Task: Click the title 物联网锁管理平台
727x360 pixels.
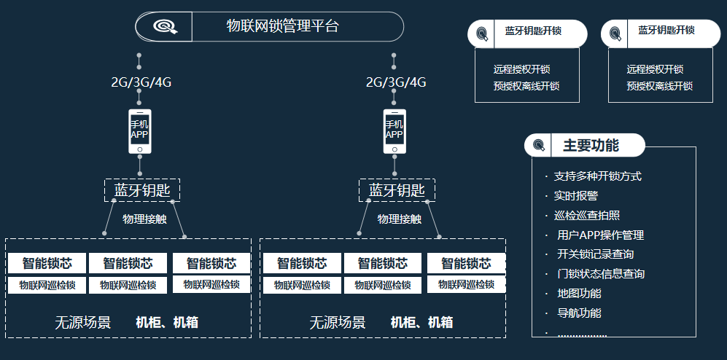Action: pyautogui.click(x=283, y=27)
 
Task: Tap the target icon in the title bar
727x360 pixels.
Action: pyautogui.click(x=164, y=27)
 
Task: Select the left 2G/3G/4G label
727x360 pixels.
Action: pyautogui.click(x=141, y=82)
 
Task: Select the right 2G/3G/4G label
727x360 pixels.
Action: pyautogui.click(x=396, y=82)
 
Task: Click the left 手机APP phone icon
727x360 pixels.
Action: pyautogui.click(x=139, y=132)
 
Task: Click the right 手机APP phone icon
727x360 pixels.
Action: pyautogui.click(x=394, y=132)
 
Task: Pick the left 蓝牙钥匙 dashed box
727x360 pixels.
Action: pyautogui.click(x=142, y=190)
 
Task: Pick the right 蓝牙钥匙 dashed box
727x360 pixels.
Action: pyautogui.click(x=397, y=190)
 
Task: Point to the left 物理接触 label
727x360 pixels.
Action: pyautogui.click(x=144, y=219)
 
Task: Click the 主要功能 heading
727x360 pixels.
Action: pyautogui.click(x=591, y=145)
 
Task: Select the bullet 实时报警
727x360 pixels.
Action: pyautogui.click(x=576, y=196)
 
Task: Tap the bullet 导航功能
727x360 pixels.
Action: pyautogui.click(x=579, y=313)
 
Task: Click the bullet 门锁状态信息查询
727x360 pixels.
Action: pyautogui.click(x=600, y=274)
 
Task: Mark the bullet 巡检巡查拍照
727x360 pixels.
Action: pyautogui.click(x=587, y=216)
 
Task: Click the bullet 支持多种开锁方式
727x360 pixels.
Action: pyautogui.click(x=598, y=176)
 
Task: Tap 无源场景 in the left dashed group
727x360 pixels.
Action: pyautogui.click(x=83, y=322)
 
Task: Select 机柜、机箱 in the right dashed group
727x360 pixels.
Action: pyautogui.click(x=421, y=322)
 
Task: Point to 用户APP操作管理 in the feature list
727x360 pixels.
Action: pyautogui.click(x=600, y=235)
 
